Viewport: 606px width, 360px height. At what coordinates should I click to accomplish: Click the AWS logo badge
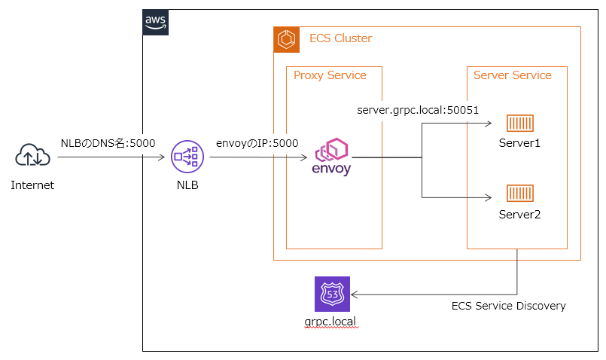click(x=155, y=23)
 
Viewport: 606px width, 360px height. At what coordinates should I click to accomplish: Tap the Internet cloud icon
click(x=32, y=154)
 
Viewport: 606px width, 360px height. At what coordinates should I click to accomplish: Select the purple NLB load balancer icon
click(x=187, y=157)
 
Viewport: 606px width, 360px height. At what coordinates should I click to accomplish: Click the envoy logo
click(x=331, y=157)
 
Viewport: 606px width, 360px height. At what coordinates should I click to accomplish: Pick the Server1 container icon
click(x=520, y=124)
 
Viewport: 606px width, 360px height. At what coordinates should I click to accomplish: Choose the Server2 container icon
click(x=520, y=194)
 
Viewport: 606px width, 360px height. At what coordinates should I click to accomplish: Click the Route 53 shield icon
click(x=333, y=294)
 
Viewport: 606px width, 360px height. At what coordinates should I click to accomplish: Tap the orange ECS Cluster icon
click(x=286, y=39)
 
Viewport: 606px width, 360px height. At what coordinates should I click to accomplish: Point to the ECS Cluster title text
click(x=340, y=38)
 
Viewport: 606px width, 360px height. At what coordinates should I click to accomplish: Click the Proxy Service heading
click(x=330, y=75)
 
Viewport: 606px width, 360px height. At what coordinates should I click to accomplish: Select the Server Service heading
click(x=513, y=75)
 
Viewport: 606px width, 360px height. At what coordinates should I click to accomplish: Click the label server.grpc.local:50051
click(x=418, y=110)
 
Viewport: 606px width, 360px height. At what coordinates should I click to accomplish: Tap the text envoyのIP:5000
click(x=257, y=143)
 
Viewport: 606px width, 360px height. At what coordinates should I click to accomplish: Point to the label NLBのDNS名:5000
click(x=108, y=143)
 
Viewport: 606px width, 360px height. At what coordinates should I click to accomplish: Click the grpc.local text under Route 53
click(x=330, y=322)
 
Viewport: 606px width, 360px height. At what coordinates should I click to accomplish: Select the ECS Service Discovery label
click(x=509, y=306)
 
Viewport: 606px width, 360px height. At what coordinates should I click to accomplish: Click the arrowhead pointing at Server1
click(x=489, y=124)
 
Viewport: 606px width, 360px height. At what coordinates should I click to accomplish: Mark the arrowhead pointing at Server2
click(x=489, y=197)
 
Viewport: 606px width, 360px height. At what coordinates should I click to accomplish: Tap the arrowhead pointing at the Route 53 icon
click(x=355, y=294)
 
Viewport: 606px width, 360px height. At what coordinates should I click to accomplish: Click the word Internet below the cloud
click(x=32, y=185)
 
